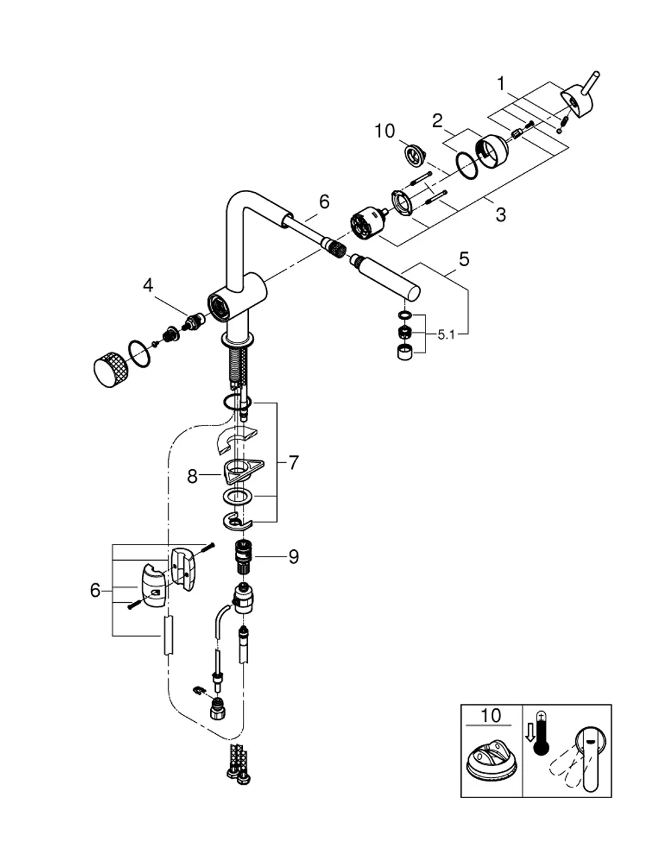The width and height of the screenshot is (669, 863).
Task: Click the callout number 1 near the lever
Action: pos(502,84)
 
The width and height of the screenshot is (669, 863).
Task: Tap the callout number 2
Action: pos(437,120)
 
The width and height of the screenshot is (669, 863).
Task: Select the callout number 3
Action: pos(501,215)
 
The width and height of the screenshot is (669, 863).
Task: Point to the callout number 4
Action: pos(148,285)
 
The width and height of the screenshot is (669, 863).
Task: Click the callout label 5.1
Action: pos(446,335)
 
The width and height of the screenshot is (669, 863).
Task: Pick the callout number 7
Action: pos(294,463)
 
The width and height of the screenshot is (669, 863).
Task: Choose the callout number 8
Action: pos(192,476)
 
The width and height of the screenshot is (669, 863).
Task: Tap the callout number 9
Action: pos(294,557)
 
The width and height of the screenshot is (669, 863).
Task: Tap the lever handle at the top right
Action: pos(579,96)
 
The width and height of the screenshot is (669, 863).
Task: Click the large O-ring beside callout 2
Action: pos(466,164)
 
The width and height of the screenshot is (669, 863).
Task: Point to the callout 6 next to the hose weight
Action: pos(95,591)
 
